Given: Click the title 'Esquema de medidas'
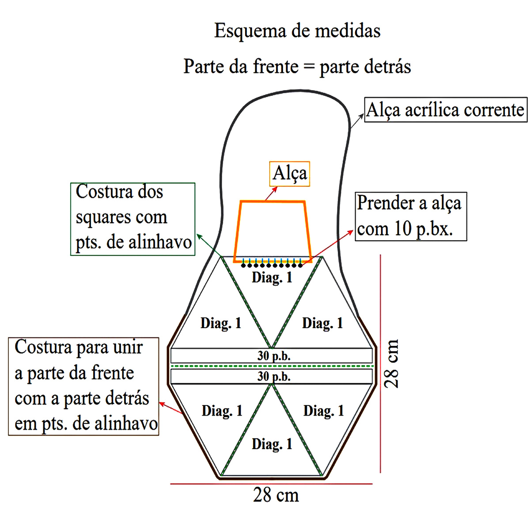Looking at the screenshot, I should point(297,31).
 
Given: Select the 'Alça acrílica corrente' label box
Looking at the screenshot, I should point(446,110).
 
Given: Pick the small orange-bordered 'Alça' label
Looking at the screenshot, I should point(290,173).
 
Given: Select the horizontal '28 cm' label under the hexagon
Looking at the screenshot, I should point(276,495).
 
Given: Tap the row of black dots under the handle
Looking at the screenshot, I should point(272,266).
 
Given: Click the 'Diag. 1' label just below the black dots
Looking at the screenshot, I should point(272,277).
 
